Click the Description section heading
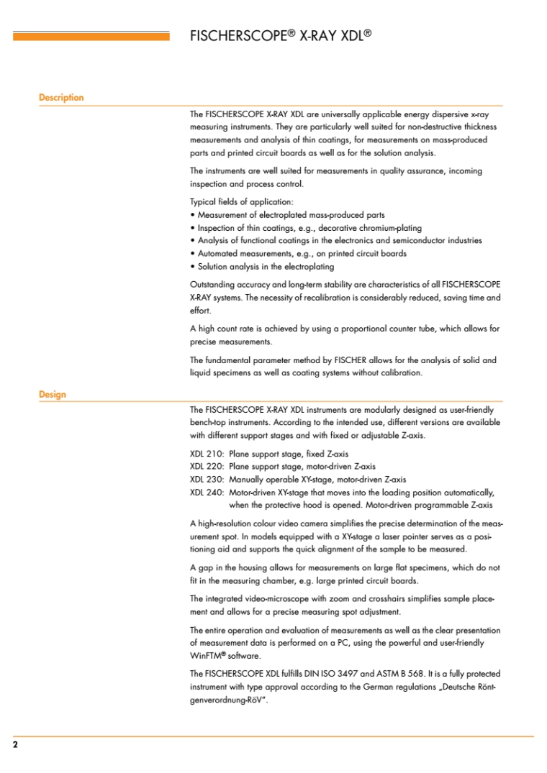click(61, 98)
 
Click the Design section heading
click(52, 394)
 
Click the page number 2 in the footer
click(15, 745)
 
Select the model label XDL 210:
click(207, 454)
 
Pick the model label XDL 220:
click(207, 467)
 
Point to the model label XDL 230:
click(207, 479)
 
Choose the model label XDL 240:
click(207, 493)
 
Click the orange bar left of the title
click(91, 35)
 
